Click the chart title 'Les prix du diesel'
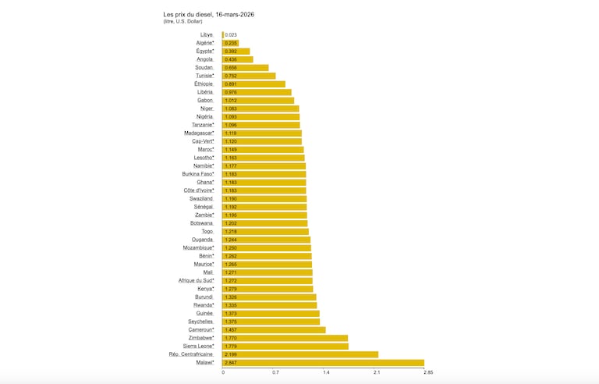coord(208,14)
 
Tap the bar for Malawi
coord(323,363)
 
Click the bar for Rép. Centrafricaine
coord(300,354)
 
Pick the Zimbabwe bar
coord(285,338)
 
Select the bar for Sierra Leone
coord(285,347)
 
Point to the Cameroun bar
coord(274,330)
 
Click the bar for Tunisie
coord(249,76)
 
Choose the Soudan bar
coord(245,68)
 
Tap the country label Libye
coord(207,35)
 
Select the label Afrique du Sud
coord(196,280)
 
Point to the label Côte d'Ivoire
coord(198,190)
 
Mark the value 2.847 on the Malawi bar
coord(231,363)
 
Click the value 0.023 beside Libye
coord(231,35)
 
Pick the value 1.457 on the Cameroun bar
coord(231,330)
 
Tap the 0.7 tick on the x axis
coord(275,372)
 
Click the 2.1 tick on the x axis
coord(377,372)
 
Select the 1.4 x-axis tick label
coord(326,372)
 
